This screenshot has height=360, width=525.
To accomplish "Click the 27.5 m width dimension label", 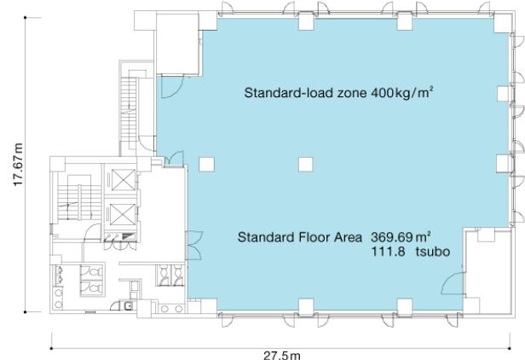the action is point(281,356).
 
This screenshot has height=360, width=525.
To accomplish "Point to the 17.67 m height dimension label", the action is point(18,165).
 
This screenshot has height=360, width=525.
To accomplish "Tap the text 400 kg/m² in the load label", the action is point(400,92).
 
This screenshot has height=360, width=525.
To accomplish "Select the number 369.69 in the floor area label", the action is point(391,237).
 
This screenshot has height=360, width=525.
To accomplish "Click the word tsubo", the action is point(433,252).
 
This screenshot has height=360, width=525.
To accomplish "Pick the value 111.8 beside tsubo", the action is point(388,252).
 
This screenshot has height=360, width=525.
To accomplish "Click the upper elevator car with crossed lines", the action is point(123,180).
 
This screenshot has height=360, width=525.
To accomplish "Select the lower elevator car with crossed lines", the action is point(123,214).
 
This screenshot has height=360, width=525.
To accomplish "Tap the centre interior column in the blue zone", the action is point(306,165).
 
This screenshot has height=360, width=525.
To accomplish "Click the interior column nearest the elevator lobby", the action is point(206,165).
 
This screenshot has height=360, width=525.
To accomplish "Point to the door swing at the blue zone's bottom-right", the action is point(453,283).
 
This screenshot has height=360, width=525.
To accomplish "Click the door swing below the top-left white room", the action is point(172,86).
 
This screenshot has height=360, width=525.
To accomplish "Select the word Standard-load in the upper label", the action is point(289,92).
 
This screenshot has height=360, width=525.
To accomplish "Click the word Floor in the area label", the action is point(313,237).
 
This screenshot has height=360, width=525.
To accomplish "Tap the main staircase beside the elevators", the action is point(78,197).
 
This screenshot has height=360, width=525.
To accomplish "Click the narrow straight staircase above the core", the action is point(129,114).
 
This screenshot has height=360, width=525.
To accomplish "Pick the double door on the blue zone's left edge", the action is point(193,246).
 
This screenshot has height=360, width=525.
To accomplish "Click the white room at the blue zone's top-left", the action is point(177,44).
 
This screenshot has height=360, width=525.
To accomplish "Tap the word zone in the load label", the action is point(351,93).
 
